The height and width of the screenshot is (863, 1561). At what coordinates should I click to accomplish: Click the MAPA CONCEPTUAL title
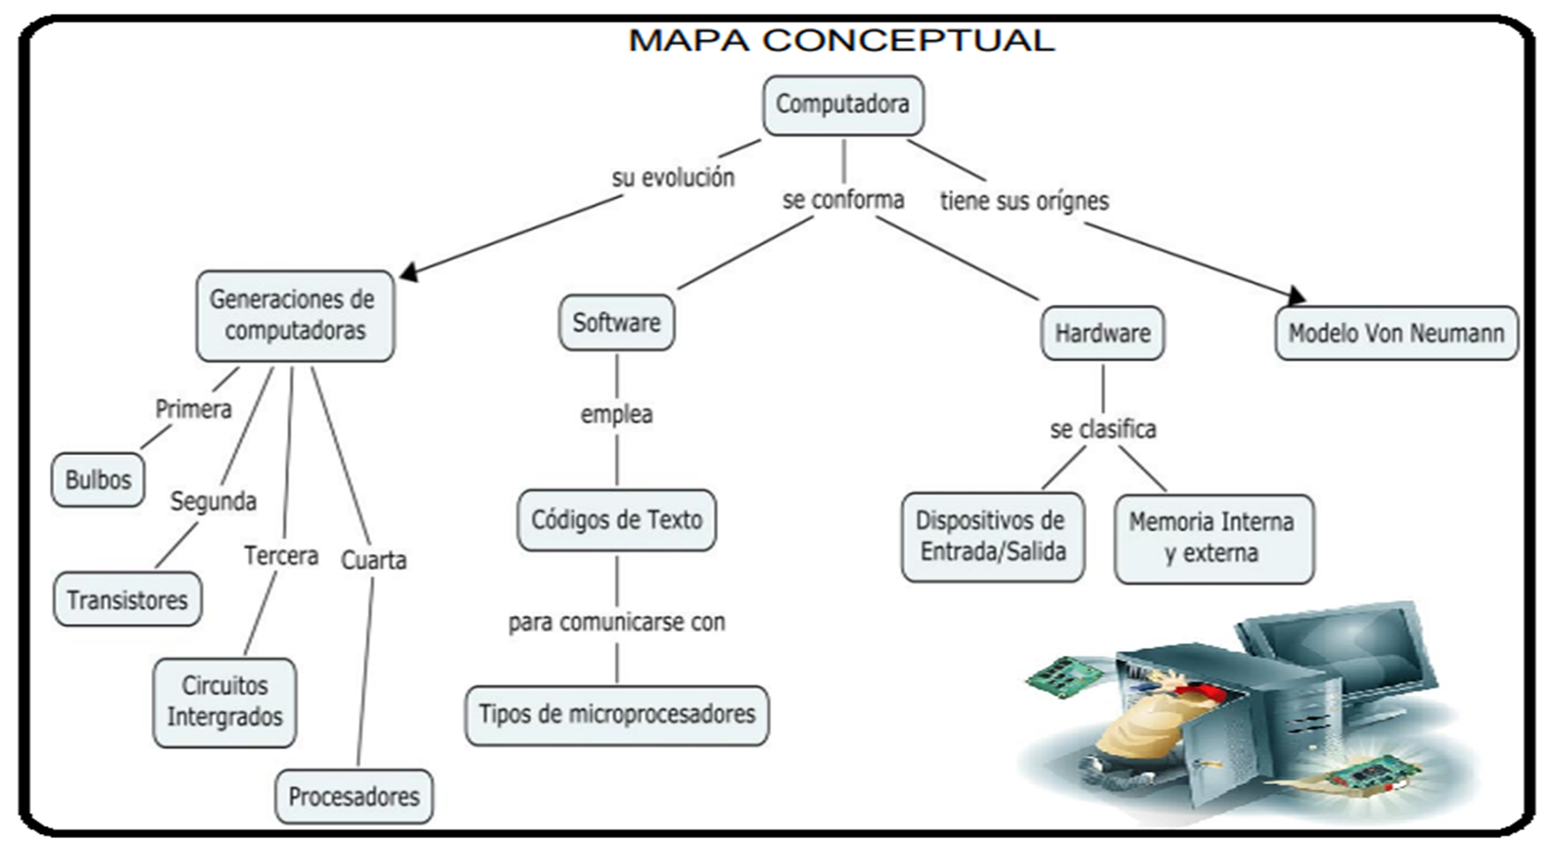(x=841, y=40)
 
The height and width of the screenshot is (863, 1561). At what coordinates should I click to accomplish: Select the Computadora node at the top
(x=842, y=105)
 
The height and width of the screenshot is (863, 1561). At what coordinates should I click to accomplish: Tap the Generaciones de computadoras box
(x=295, y=315)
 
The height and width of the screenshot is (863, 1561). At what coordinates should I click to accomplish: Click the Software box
(x=617, y=323)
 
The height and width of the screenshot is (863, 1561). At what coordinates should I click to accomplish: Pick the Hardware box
(x=1102, y=333)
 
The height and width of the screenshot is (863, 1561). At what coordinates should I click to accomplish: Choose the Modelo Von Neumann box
(x=1395, y=333)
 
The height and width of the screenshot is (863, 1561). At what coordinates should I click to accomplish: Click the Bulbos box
(x=98, y=479)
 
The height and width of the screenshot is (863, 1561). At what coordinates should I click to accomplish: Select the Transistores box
(x=127, y=599)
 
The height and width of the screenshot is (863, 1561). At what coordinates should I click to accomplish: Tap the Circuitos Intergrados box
(x=224, y=702)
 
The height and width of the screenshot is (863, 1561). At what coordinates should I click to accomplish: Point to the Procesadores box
(x=354, y=796)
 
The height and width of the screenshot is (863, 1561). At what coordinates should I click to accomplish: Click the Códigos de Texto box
(x=617, y=520)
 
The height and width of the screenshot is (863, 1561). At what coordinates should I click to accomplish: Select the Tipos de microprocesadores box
(x=617, y=714)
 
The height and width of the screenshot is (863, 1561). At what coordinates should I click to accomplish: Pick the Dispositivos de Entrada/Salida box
(x=992, y=537)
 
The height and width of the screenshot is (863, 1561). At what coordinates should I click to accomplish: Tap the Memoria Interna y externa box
(x=1212, y=538)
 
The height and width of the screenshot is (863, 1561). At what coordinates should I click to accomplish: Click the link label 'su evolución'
(x=673, y=178)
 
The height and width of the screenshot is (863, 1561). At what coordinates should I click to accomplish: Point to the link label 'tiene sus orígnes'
(x=1023, y=201)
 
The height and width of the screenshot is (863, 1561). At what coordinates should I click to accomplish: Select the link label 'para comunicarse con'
(x=617, y=622)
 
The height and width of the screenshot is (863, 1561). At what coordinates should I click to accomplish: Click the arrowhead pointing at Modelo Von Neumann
(x=1297, y=296)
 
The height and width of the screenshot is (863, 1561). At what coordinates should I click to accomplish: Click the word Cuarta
(x=374, y=561)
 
